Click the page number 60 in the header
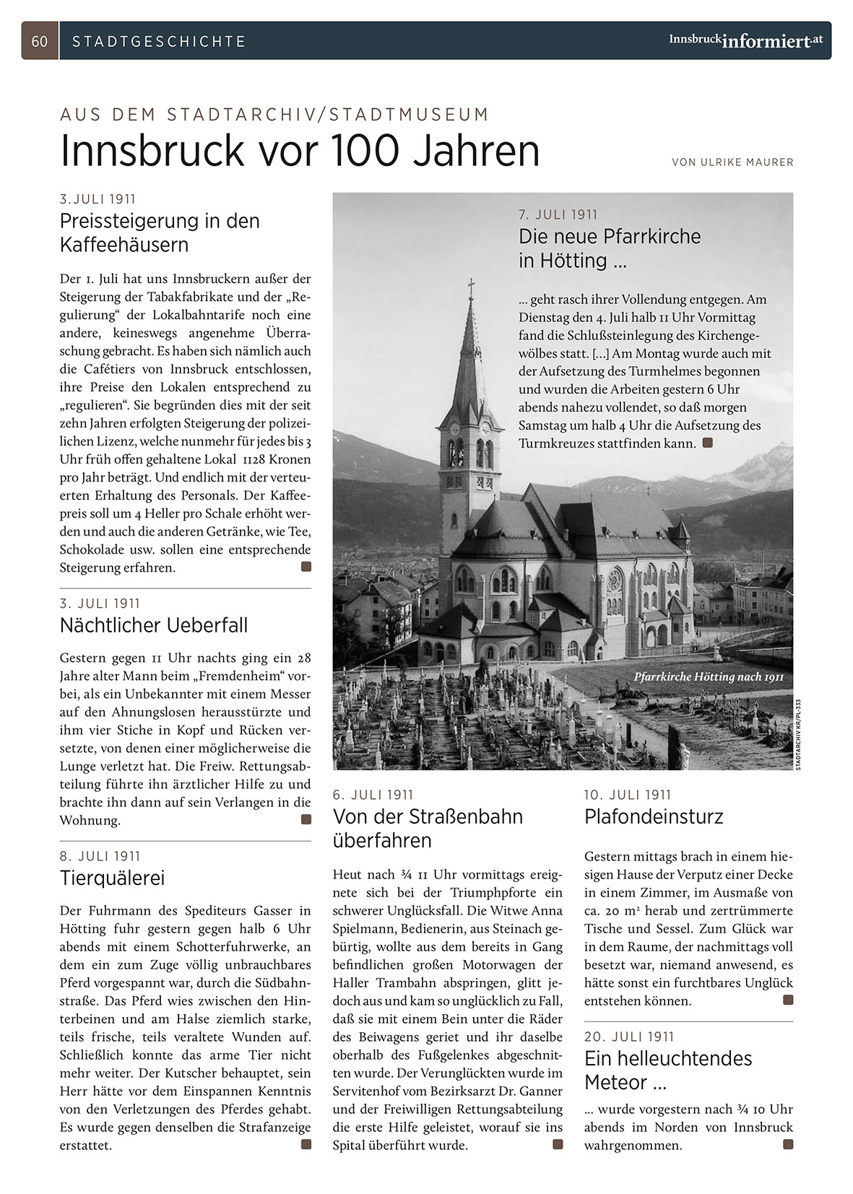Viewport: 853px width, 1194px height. click(x=40, y=41)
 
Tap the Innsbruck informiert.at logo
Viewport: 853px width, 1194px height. click(x=745, y=40)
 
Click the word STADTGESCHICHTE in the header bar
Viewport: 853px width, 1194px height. click(x=159, y=42)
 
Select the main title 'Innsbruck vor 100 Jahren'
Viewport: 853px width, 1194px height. click(x=300, y=150)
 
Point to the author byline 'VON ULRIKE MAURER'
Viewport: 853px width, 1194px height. click(x=732, y=162)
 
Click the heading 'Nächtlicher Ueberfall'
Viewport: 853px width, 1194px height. click(x=154, y=625)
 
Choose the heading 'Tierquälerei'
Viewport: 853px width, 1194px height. click(x=112, y=878)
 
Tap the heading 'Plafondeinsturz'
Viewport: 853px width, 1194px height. click(x=654, y=817)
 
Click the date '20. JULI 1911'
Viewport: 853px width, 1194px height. click(x=629, y=1037)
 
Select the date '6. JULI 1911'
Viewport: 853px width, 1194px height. click(x=373, y=795)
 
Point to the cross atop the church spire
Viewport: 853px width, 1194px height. click(x=472, y=288)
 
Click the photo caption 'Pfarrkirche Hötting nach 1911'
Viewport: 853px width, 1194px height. click(x=709, y=677)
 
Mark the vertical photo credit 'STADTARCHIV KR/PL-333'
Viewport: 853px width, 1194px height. click(x=799, y=733)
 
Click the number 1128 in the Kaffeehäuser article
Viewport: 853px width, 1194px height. click(x=256, y=460)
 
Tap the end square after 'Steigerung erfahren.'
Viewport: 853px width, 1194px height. click(x=306, y=567)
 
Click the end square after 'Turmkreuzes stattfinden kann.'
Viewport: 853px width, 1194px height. click(x=708, y=443)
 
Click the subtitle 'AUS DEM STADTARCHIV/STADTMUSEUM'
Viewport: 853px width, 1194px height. click(x=274, y=115)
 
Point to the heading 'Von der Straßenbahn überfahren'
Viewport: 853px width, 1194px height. click(x=428, y=829)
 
